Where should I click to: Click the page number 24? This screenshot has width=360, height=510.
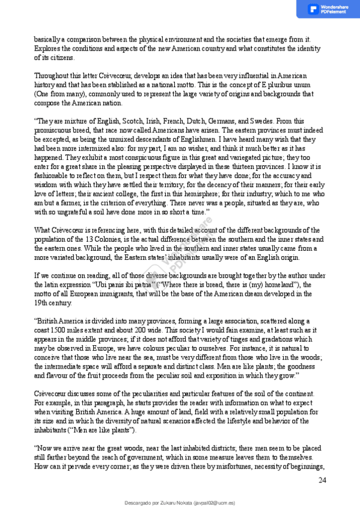coord(322,480)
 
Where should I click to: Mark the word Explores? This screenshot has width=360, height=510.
coord(46,47)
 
